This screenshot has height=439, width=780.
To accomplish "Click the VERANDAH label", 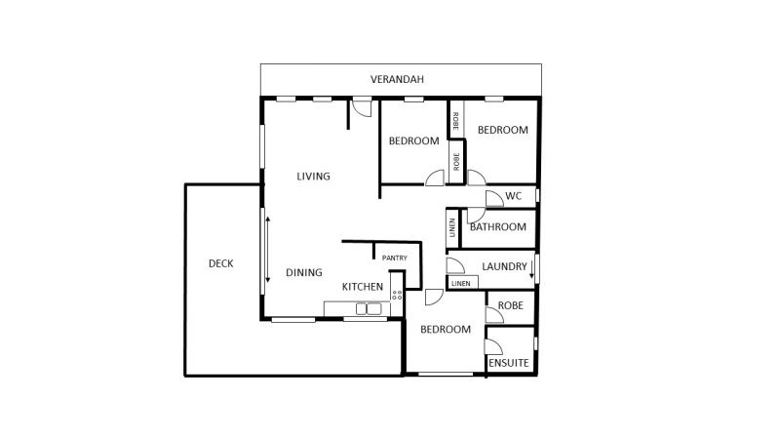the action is pos(397,79).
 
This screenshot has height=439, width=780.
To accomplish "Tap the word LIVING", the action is pos(313,177).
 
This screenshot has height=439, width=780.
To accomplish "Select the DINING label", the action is pos(304,272).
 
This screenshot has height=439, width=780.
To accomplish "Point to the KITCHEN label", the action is pos(363,287).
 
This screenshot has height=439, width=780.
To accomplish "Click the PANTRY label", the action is pos(395,258).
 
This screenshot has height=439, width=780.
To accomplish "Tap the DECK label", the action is pos(221,263).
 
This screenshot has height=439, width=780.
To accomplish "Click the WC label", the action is pos(514,196).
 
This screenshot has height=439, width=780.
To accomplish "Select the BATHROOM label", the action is pos(498,227).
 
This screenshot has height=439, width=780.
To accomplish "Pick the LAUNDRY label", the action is pos(504,266).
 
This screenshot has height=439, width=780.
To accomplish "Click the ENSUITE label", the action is pos(508,363).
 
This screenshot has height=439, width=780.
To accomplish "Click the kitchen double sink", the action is pos(369,309).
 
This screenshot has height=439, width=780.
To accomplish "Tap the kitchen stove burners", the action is pos(397,295).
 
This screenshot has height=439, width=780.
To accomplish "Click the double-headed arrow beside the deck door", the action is pos(267,250).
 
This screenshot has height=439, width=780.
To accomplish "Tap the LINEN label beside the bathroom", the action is pos(452,227).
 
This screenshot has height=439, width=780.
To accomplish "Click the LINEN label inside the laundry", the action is pos(460,283).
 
